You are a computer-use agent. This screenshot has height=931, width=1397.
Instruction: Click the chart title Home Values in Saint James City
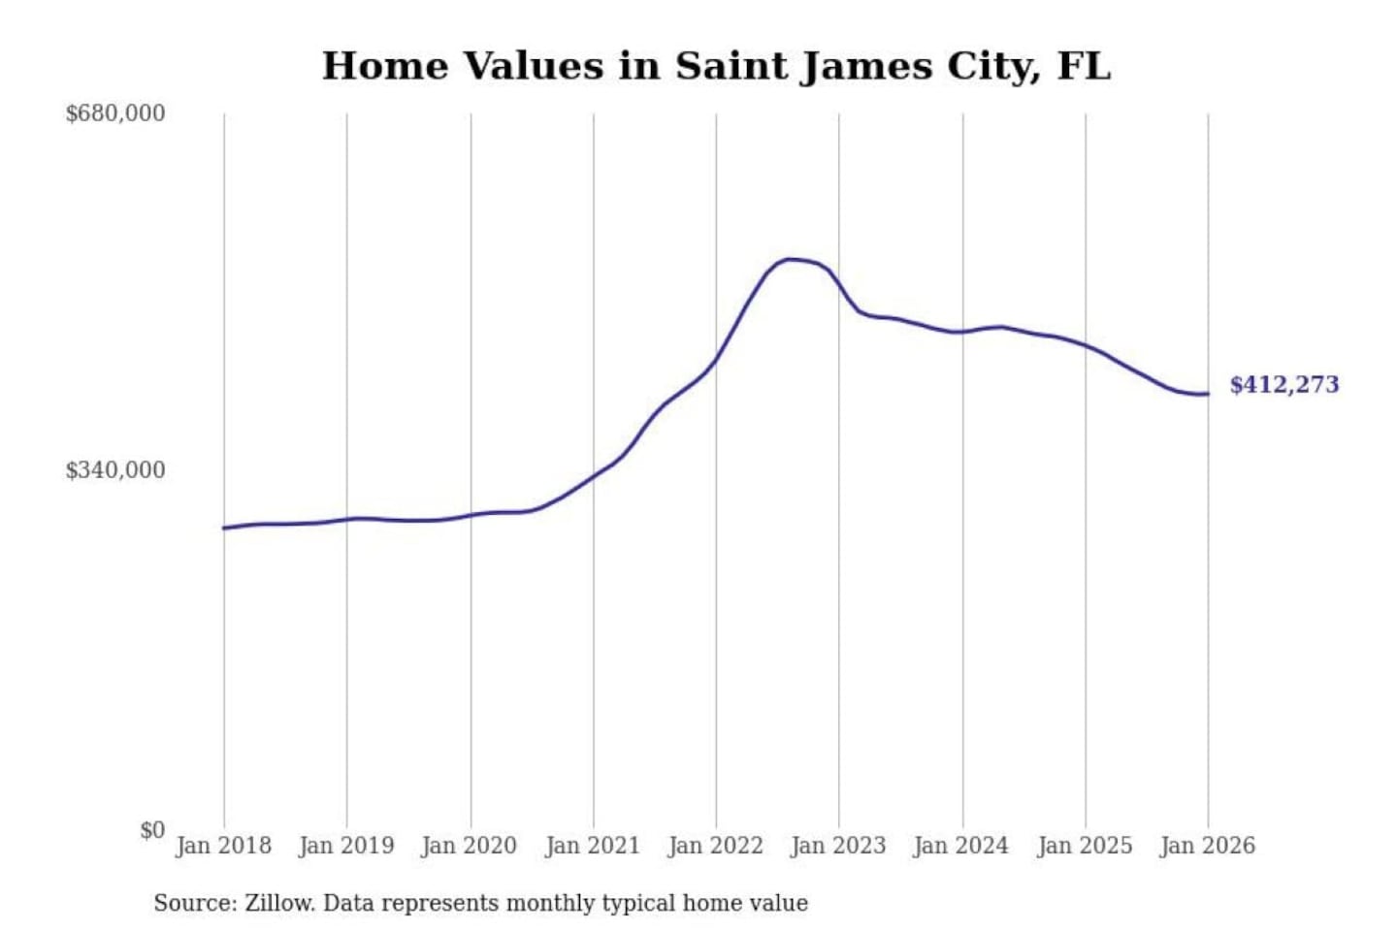[x=716, y=66]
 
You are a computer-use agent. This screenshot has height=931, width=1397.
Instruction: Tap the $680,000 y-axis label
[x=115, y=113]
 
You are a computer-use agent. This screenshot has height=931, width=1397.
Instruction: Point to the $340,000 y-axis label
[x=115, y=470]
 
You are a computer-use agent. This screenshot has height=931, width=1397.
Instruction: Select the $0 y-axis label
[x=152, y=830]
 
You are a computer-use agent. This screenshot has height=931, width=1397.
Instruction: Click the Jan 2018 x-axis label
[x=223, y=846]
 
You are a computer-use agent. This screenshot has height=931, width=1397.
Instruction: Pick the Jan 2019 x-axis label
[x=346, y=846]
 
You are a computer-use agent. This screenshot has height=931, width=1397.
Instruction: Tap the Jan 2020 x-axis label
[x=469, y=846]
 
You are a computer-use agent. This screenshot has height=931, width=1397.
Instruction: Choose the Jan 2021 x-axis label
[x=593, y=846]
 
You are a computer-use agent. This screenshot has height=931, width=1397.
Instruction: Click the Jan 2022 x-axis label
[x=715, y=846]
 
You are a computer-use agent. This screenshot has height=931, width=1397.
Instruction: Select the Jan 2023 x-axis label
[x=838, y=846]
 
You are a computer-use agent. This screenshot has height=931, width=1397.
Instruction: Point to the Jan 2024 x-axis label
[x=960, y=846]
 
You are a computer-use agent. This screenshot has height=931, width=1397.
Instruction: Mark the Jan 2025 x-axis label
[x=1085, y=846]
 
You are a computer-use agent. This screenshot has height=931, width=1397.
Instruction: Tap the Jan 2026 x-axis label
[x=1207, y=846]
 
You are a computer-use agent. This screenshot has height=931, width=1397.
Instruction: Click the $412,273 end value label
[x=1283, y=385]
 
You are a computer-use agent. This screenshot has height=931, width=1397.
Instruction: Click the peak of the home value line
[x=791, y=259]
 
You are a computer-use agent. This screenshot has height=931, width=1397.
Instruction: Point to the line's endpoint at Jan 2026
[x=1208, y=394]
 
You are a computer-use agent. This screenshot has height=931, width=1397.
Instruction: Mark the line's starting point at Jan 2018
[x=224, y=528]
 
